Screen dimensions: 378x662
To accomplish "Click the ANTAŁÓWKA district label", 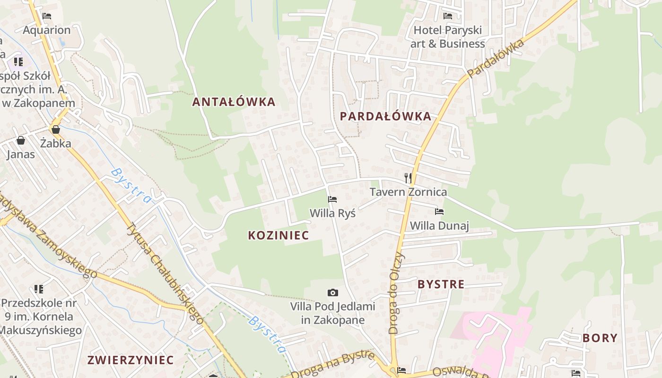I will pyautogui.click(x=234, y=102).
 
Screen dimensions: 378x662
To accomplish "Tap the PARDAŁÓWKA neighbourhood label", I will pyautogui.click(x=385, y=116).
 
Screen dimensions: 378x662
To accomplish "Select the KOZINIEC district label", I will pyautogui.click(x=278, y=235).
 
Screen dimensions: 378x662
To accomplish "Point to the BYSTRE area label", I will pyautogui.click(x=441, y=284).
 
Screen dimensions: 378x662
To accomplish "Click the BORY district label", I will pyautogui.click(x=600, y=338).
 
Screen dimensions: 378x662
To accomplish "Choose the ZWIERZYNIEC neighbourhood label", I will pyautogui.click(x=131, y=360).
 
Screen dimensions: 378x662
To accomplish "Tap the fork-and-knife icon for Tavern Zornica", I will pyautogui.click(x=408, y=178).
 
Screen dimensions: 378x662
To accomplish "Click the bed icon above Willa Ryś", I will pyautogui.click(x=332, y=199).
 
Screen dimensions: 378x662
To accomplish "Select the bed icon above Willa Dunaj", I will pyautogui.click(x=439, y=211).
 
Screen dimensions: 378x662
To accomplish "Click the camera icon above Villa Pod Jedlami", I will pyautogui.click(x=333, y=293).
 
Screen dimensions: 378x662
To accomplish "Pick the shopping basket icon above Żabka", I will pyautogui.click(x=56, y=129).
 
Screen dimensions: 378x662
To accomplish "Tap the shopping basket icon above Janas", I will pyautogui.click(x=21, y=140).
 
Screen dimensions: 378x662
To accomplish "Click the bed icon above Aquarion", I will pyautogui.click(x=47, y=16).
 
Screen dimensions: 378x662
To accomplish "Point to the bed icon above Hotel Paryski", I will pyautogui.click(x=447, y=16).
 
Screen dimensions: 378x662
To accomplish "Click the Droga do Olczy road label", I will pyautogui.click(x=396, y=293).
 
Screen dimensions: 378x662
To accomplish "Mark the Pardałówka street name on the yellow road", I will pyautogui.click(x=496, y=59).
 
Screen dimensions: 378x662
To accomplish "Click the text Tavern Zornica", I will pyautogui.click(x=408, y=192).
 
